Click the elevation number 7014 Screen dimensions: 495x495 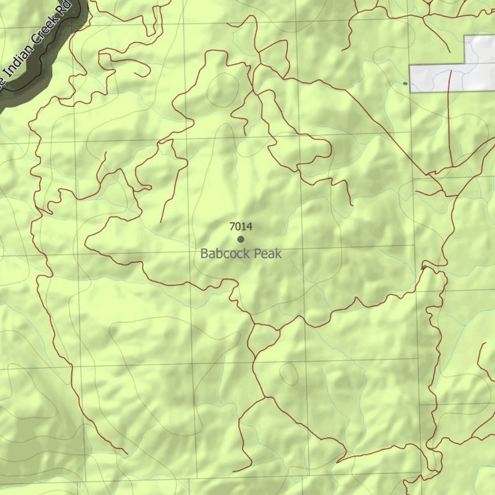point(241,226)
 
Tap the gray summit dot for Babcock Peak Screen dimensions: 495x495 point(241,239)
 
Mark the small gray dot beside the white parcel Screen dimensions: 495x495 point(405,83)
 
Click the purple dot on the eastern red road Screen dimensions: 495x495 point(424,267)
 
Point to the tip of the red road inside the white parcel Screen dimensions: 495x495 point(451,71)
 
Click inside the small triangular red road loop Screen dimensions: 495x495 point(264,336)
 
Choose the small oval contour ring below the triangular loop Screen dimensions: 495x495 point(289,373)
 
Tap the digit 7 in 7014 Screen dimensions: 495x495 point(232,226)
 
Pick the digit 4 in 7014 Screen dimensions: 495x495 point(249,226)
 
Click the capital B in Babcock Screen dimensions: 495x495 point(204,253)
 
